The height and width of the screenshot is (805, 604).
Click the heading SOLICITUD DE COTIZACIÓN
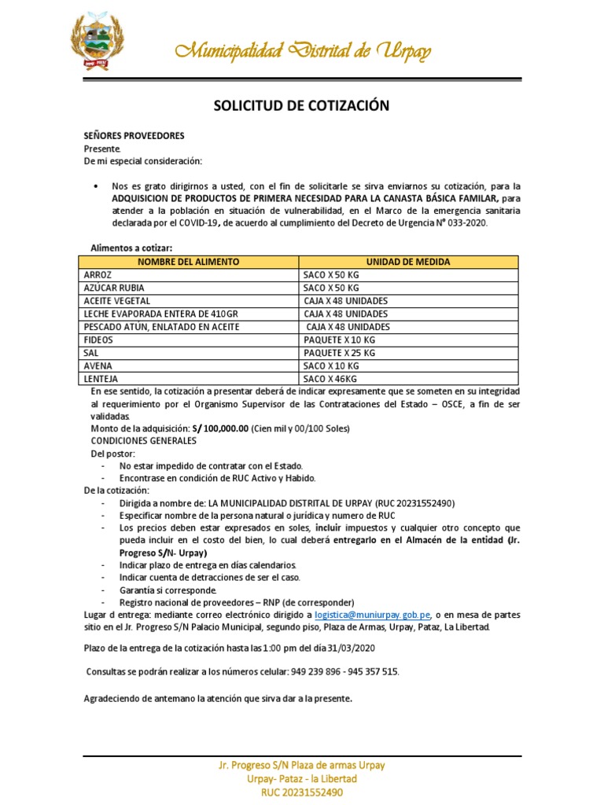coord(302,105)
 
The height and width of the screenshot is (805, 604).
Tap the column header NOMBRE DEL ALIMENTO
coord(189,262)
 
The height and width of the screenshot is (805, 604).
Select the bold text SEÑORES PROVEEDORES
coord(134,135)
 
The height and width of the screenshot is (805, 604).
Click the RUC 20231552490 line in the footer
coord(302,792)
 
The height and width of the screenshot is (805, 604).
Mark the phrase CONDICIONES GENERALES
coord(140,441)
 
